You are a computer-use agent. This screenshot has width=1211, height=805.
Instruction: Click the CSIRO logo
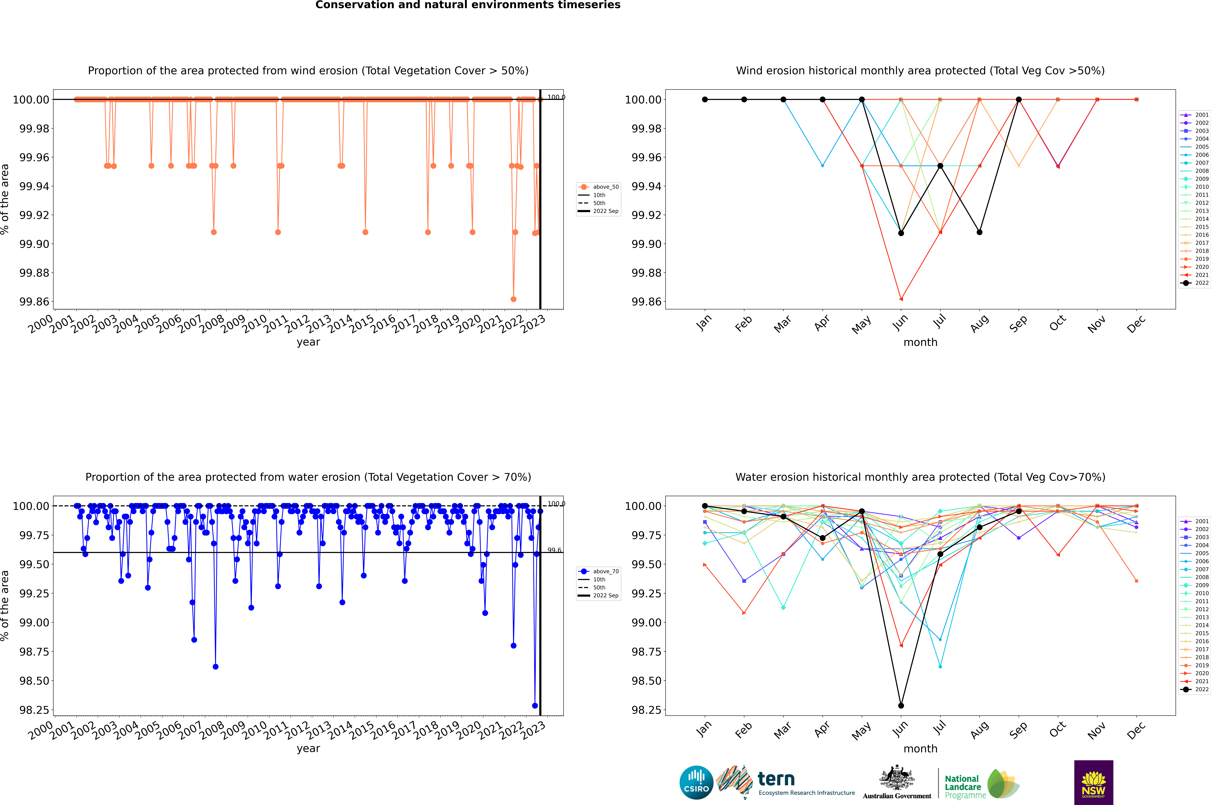(x=696, y=782)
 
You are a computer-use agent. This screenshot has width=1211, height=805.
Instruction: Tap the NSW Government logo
(x=1093, y=782)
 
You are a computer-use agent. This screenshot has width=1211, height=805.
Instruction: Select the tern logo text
(x=776, y=779)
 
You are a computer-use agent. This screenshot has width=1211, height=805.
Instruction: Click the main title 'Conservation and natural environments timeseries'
(x=468, y=5)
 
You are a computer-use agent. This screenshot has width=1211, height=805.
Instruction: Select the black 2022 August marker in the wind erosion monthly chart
(x=980, y=232)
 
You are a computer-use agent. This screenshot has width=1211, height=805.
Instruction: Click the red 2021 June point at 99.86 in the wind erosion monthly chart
(x=901, y=299)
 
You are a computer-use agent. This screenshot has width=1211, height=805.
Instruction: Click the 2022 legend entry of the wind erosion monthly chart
(x=1196, y=283)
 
